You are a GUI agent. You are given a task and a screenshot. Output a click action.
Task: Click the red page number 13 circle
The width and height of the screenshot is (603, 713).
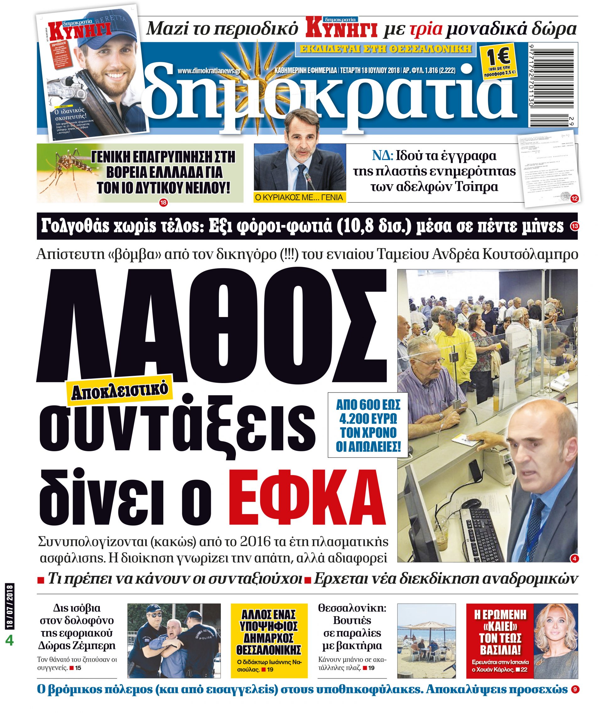pos(574,225)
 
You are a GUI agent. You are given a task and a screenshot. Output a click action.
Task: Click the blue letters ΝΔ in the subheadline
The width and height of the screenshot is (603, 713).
pos(383,156)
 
